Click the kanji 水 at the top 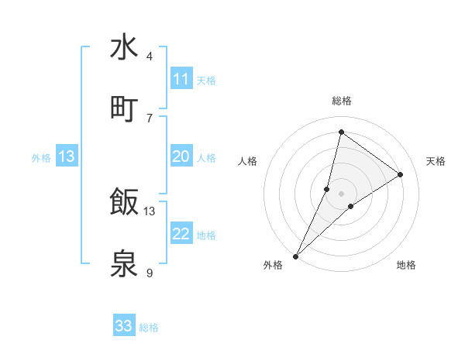click(x=124, y=47)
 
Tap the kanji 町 click(x=124, y=108)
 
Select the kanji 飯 click(x=124, y=202)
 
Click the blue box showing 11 click(x=181, y=79)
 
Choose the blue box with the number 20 click(x=181, y=156)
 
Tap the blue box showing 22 click(x=181, y=234)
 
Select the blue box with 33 click(x=124, y=326)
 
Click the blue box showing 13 click(x=67, y=156)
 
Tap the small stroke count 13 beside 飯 click(x=150, y=211)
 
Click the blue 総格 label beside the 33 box click(x=149, y=328)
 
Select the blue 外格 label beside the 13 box click(x=41, y=158)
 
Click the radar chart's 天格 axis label click(x=436, y=161)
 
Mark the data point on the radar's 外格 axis click(x=296, y=256)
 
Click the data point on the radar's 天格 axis click(x=401, y=174)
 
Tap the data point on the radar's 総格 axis click(x=341, y=132)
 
